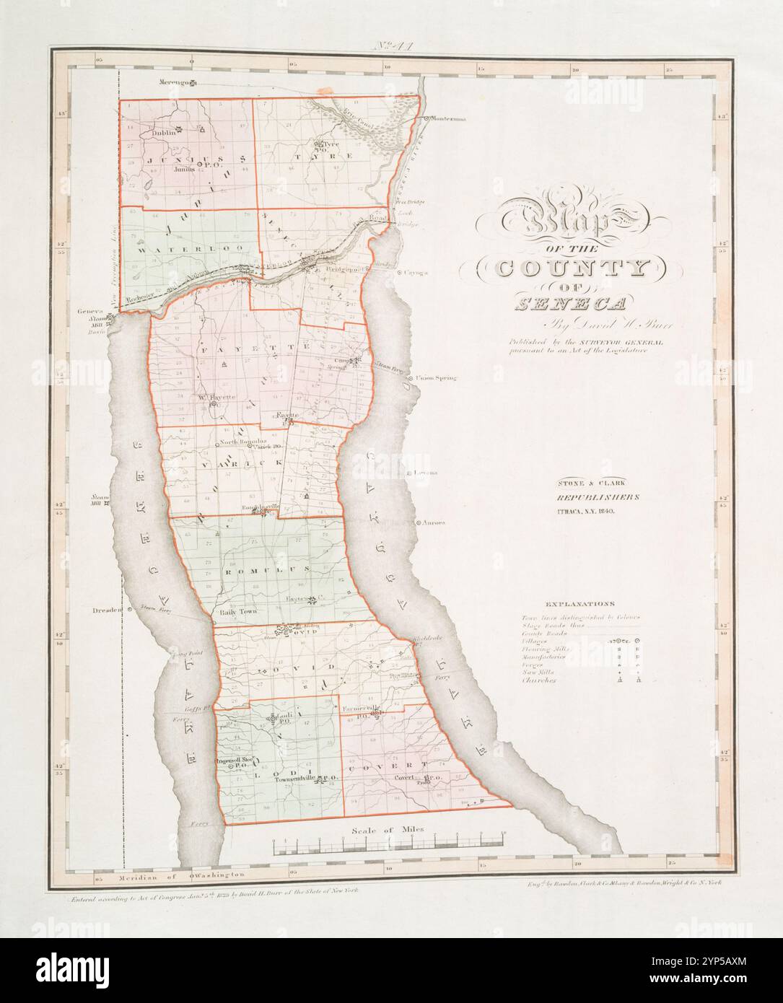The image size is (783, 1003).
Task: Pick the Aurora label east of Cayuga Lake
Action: pyautogui.click(x=433, y=522)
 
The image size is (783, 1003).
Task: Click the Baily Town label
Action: pyautogui.click(x=238, y=611)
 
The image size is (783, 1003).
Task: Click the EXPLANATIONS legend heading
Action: pyautogui.click(x=579, y=603)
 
